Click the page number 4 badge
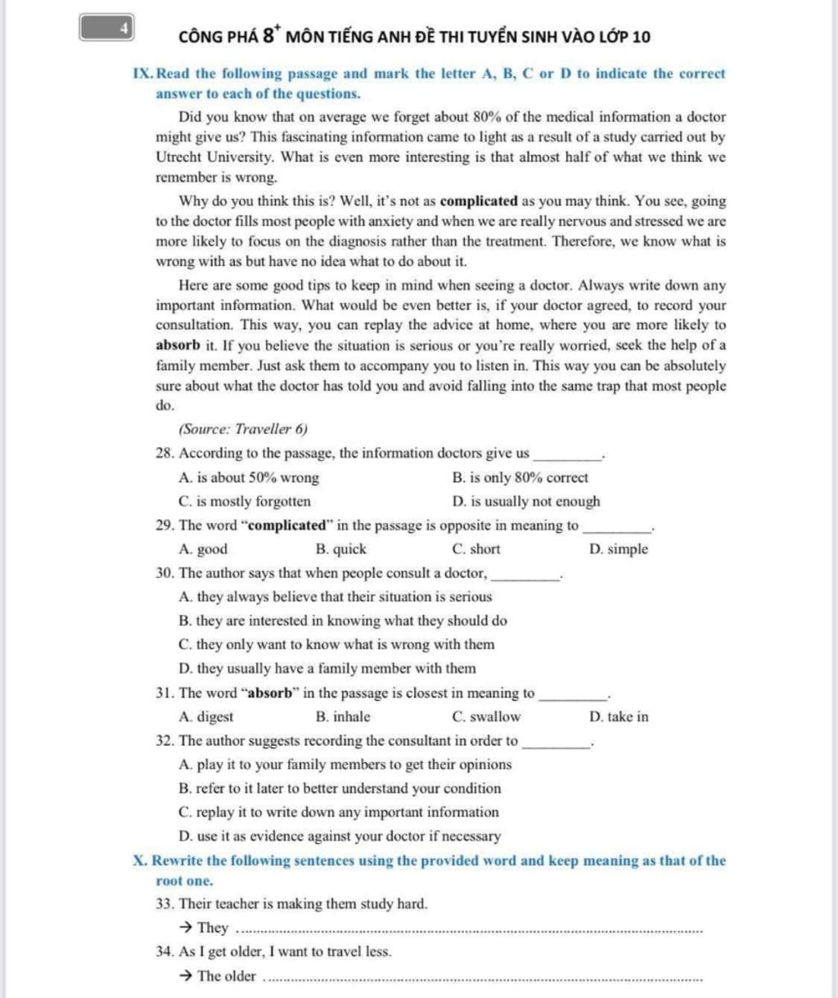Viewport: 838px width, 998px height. [x=108, y=28]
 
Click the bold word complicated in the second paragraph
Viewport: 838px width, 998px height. [x=479, y=201]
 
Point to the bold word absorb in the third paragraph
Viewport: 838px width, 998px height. [x=178, y=345]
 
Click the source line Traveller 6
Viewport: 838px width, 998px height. [x=243, y=429]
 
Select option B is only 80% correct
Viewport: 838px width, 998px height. [x=520, y=477]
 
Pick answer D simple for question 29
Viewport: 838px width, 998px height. [x=618, y=549]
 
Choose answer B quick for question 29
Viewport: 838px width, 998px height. [x=340, y=549]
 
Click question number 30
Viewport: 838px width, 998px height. [x=164, y=573]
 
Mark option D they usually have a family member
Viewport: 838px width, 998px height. [x=327, y=668]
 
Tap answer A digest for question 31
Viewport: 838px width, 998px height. [x=205, y=717]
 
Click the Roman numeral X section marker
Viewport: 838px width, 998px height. [x=139, y=861]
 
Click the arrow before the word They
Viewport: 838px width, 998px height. [x=185, y=928]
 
